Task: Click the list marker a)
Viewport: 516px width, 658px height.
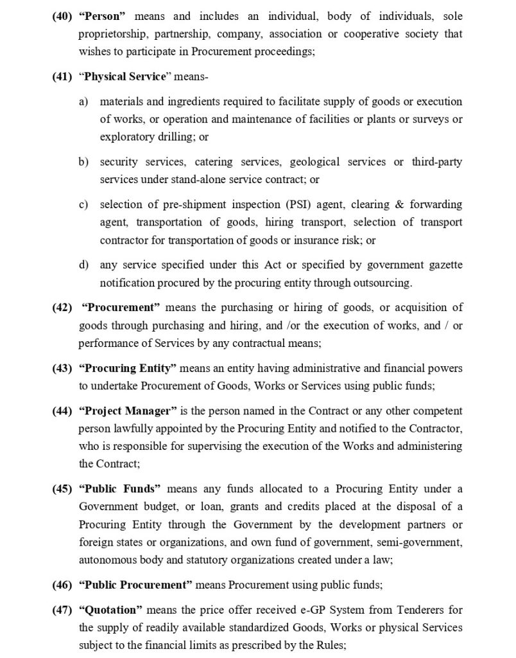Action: pyautogui.click(x=84, y=102)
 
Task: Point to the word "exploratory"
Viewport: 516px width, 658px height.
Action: pyautogui.click(x=125, y=137)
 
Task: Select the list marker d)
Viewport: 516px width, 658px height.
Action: pyautogui.click(x=84, y=265)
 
